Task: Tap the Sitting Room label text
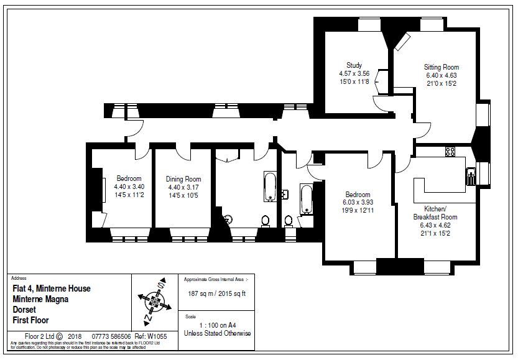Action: pos(442,67)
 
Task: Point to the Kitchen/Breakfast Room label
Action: pos(435,213)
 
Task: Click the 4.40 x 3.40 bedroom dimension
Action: pos(129,187)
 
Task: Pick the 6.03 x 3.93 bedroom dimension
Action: pos(358,202)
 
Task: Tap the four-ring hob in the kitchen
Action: pos(450,151)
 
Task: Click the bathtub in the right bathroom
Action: pos(305,198)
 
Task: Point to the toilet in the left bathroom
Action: pos(266,219)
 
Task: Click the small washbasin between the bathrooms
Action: pos(284,193)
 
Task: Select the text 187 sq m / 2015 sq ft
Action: pos(217,294)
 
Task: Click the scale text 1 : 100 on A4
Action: pos(216,325)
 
